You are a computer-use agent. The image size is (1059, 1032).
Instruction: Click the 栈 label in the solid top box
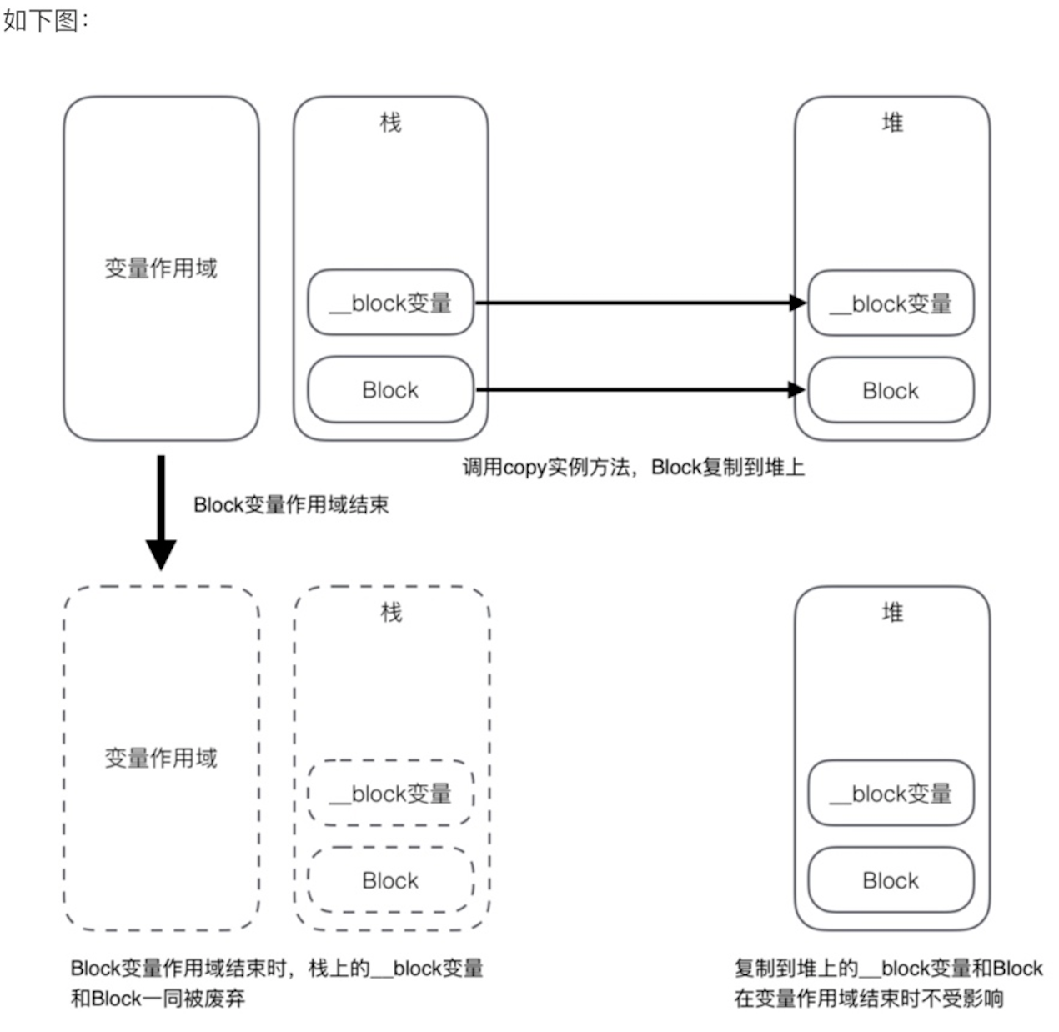point(390,123)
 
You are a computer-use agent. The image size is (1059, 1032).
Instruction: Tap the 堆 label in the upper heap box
point(892,123)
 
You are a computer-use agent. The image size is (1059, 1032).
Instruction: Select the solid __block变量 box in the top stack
point(390,303)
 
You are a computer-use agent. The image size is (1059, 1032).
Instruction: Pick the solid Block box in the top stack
point(390,390)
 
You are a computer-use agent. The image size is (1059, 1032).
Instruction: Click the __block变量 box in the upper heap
point(891,303)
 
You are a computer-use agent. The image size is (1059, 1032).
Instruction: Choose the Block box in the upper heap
point(891,390)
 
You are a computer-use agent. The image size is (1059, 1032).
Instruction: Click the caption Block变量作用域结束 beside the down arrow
point(291,504)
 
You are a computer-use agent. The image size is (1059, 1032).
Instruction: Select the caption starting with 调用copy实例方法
point(633,467)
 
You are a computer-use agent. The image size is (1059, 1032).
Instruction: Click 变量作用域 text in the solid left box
point(160,268)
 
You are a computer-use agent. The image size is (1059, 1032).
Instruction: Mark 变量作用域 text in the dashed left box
point(160,758)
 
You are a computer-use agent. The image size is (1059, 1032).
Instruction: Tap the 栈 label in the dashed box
point(390,613)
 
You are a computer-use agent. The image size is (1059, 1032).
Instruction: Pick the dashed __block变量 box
point(390,794)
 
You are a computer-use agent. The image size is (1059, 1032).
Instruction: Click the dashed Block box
point(390,880)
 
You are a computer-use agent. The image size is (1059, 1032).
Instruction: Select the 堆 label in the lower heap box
point(892,613)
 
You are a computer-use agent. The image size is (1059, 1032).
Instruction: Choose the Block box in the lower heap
point(891,880)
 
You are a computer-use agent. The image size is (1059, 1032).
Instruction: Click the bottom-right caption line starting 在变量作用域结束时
point(869,998)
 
